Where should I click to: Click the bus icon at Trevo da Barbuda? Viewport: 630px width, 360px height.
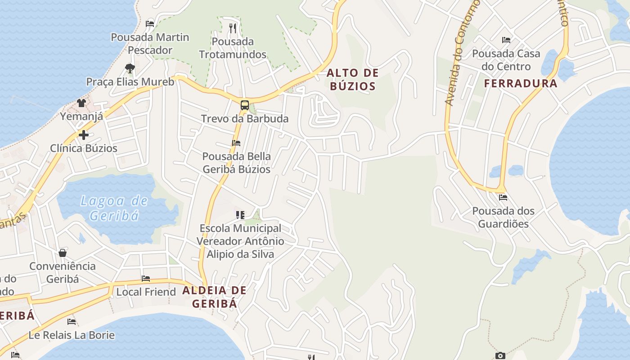click(x=244, y=106)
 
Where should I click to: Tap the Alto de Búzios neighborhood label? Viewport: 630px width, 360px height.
click(x=352, y=79)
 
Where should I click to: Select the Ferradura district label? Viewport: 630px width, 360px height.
click(x=521, y=83)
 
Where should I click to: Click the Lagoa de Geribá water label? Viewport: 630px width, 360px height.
click(x=114, y=208)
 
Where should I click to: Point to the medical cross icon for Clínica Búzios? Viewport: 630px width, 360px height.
click(x=83, y=135)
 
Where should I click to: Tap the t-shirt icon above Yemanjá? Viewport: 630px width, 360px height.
click(x=81, y=103)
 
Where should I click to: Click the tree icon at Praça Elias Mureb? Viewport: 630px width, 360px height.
click(x=130, y=68)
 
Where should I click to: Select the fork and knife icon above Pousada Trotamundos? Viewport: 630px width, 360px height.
click(x=233, y=28)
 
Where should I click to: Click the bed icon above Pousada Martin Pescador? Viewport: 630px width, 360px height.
click(x=150, y=24)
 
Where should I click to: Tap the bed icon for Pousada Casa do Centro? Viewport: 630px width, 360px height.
click(x=506, y=40)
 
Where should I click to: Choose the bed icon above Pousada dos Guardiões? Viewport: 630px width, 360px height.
click(x=503, y=197)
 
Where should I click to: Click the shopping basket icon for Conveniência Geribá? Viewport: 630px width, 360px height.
click(x=63, y=253)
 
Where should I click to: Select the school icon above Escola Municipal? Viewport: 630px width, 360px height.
click(x=240, y=215)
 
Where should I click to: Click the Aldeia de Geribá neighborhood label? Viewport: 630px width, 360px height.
click(x=215, y=297)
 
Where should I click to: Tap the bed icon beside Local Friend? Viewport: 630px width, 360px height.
click(x=145, y=279)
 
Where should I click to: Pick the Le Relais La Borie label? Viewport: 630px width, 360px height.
click(x=72, y=335)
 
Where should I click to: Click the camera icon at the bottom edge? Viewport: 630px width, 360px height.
click(x=500, y=356)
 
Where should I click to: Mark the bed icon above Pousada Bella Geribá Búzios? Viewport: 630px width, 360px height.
click(x=236, y=143)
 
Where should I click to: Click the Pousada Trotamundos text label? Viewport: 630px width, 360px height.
click(x=233, y=48)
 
